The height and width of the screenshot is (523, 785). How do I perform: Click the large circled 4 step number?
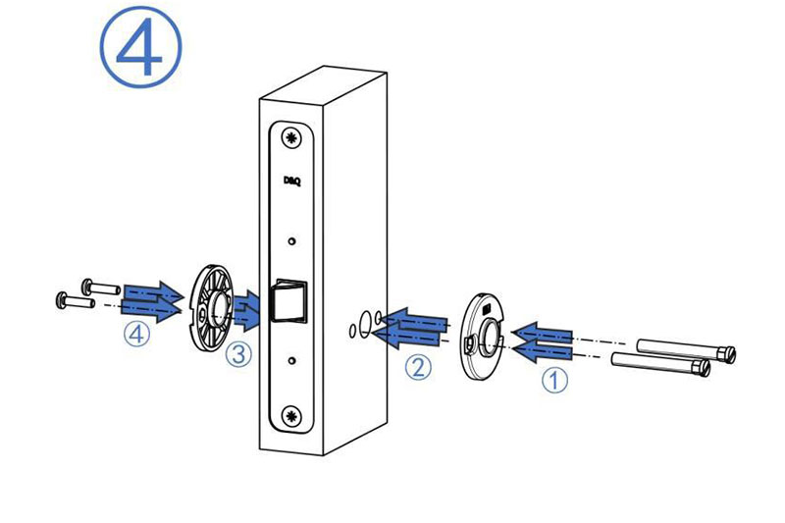[x=140, y=47]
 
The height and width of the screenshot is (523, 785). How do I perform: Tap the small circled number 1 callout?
[x=554, y=381]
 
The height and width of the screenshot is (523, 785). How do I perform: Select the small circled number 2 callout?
[x=418, y=367]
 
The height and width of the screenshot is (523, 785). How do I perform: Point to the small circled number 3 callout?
[x=238, y=354]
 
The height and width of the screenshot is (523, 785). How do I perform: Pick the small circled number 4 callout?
[x=136, y=334]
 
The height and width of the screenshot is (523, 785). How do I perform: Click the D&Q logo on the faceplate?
[x=291, y=181]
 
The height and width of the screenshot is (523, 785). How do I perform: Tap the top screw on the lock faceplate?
[x=290, y=137]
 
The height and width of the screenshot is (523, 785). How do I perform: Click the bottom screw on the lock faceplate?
[x=291, y=415]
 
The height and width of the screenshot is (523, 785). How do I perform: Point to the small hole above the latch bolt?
[x=291, y=241]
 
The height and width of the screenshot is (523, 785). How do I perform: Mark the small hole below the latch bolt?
[x=292, y=360]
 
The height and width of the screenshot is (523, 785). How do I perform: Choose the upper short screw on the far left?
[x=101, y=288]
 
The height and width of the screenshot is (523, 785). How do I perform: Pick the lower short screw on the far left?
[x=76, y=300]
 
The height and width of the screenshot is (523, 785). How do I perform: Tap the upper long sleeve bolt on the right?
[x=686, y=349]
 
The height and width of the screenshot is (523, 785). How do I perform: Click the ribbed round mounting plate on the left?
[x=212, y=309]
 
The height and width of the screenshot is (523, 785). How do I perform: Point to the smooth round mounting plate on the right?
[x=483, y=336]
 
